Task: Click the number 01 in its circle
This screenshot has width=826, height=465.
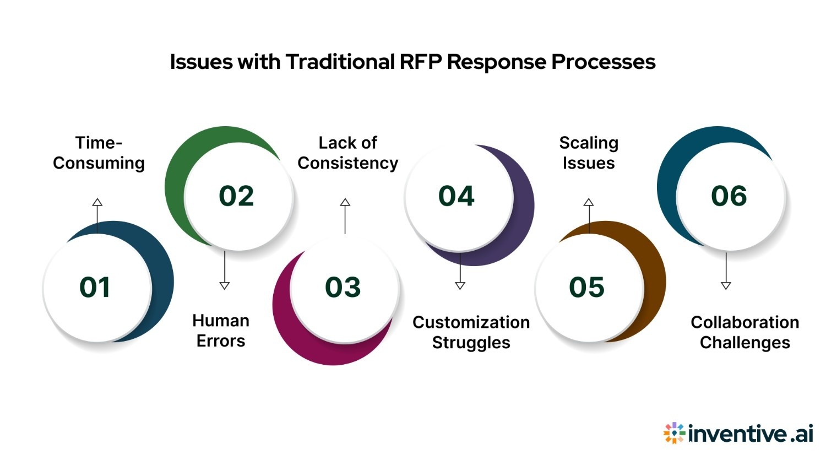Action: point(95,288)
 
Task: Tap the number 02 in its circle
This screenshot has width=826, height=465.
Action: point(236,196)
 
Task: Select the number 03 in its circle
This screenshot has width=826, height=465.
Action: point(343,288)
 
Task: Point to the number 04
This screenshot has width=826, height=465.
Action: point(456,196)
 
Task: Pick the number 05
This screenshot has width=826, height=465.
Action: point(586,288)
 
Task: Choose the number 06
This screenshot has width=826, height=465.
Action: point(729,196)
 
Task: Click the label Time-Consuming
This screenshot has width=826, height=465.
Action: point(99,153)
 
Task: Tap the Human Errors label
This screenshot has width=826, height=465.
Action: point(221,331)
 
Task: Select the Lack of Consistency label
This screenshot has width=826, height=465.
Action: point(347,153)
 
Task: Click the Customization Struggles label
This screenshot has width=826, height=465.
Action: point(471,332)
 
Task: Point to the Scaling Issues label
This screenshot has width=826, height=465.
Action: point(589,153)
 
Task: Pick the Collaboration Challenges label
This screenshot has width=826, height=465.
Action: point(745,332)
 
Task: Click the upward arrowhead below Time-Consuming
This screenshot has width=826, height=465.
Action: point(97,202)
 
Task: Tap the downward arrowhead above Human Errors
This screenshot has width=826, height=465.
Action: point(225,285)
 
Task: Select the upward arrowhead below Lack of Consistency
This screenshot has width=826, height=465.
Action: point(345,202)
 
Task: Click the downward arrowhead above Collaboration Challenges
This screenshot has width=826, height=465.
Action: point(726,285)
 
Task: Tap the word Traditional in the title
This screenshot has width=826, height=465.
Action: point(340,62)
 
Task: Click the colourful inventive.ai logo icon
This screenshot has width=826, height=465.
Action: point(674,434)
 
